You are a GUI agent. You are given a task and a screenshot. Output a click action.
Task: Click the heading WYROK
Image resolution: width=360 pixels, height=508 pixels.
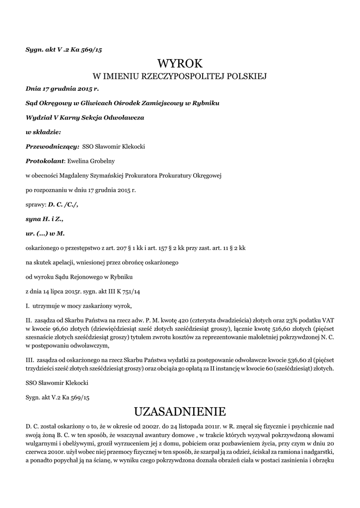pos(180,63)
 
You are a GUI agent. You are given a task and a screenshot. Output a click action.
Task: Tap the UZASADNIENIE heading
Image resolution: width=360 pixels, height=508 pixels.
pos(180,411)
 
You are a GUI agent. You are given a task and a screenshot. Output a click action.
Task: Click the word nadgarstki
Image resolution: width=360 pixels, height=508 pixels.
pos(319,452)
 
